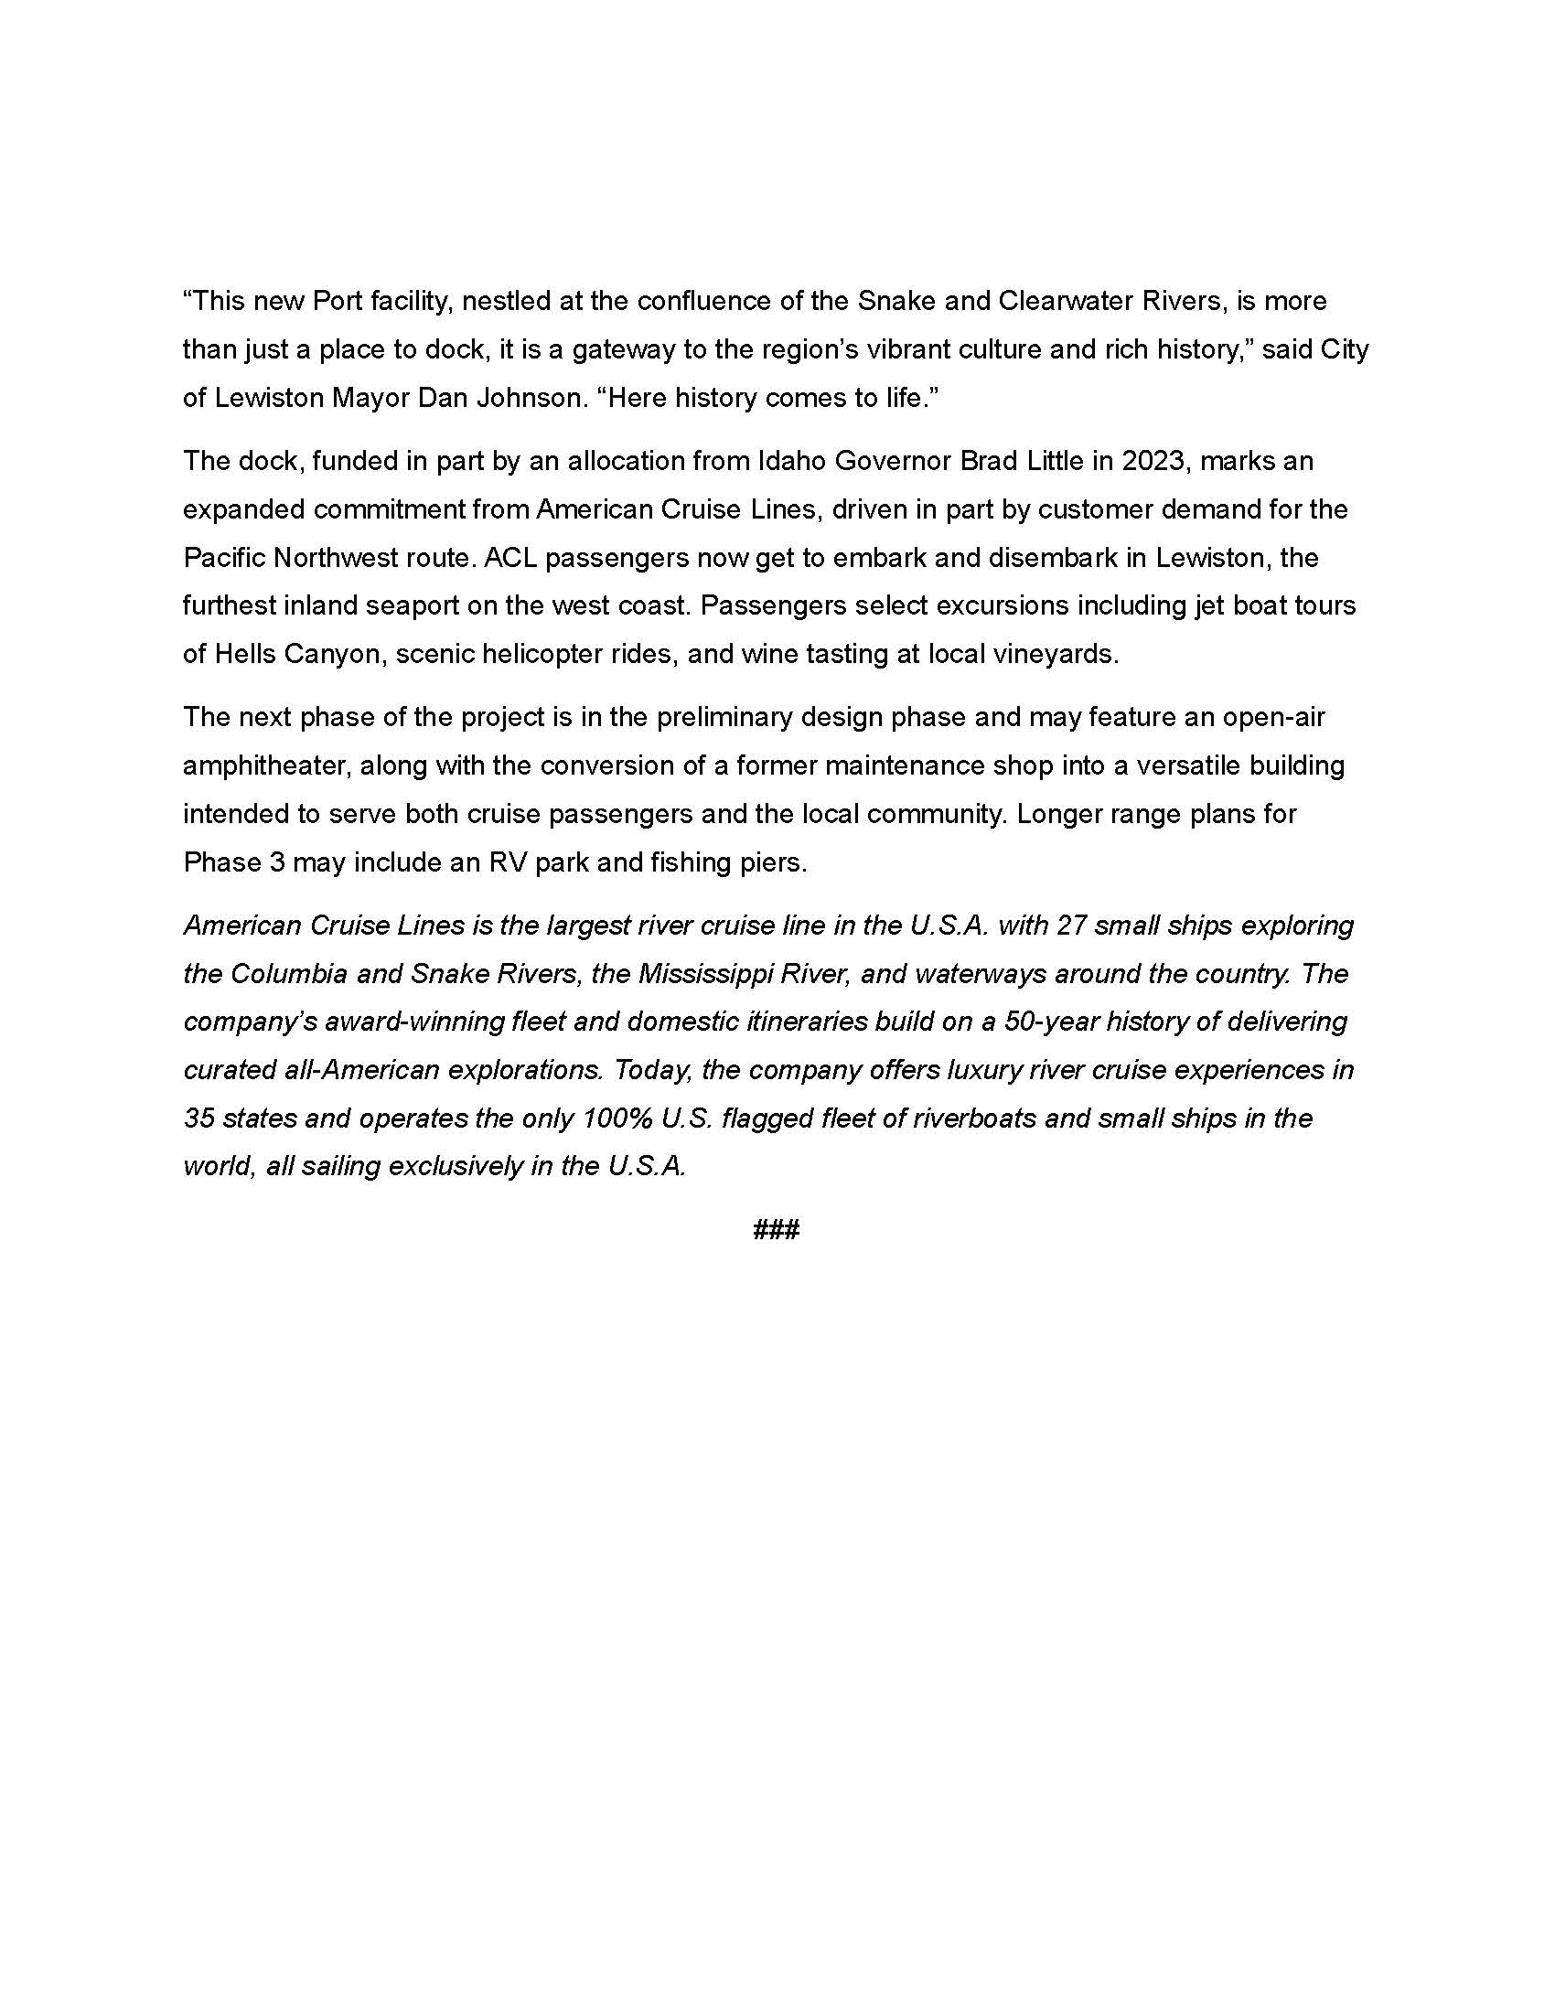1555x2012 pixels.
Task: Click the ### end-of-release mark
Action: coord(777,1229)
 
